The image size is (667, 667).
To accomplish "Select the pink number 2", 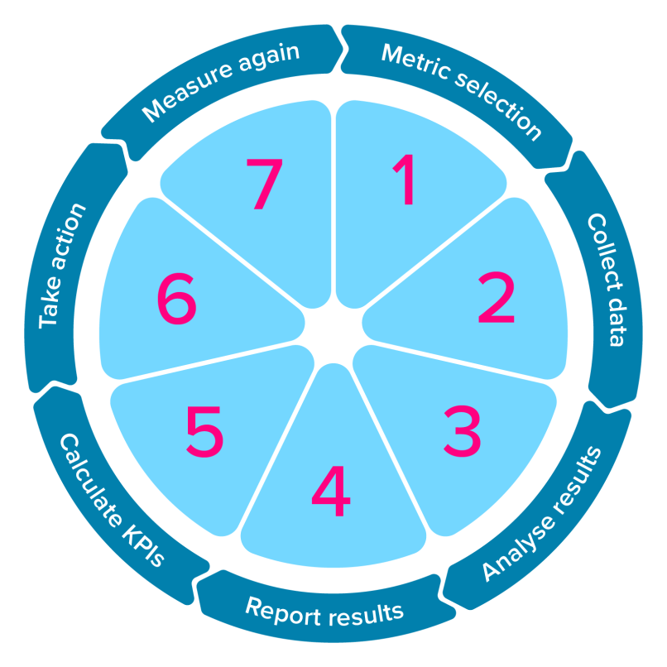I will [x=497, y=300].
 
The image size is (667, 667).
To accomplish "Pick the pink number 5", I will [x=204, y=433].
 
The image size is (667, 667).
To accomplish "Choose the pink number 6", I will [x=177, y=300].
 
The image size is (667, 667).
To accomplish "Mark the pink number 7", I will [x=264, y=184].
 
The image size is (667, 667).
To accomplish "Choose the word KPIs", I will [x=149, y=550].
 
